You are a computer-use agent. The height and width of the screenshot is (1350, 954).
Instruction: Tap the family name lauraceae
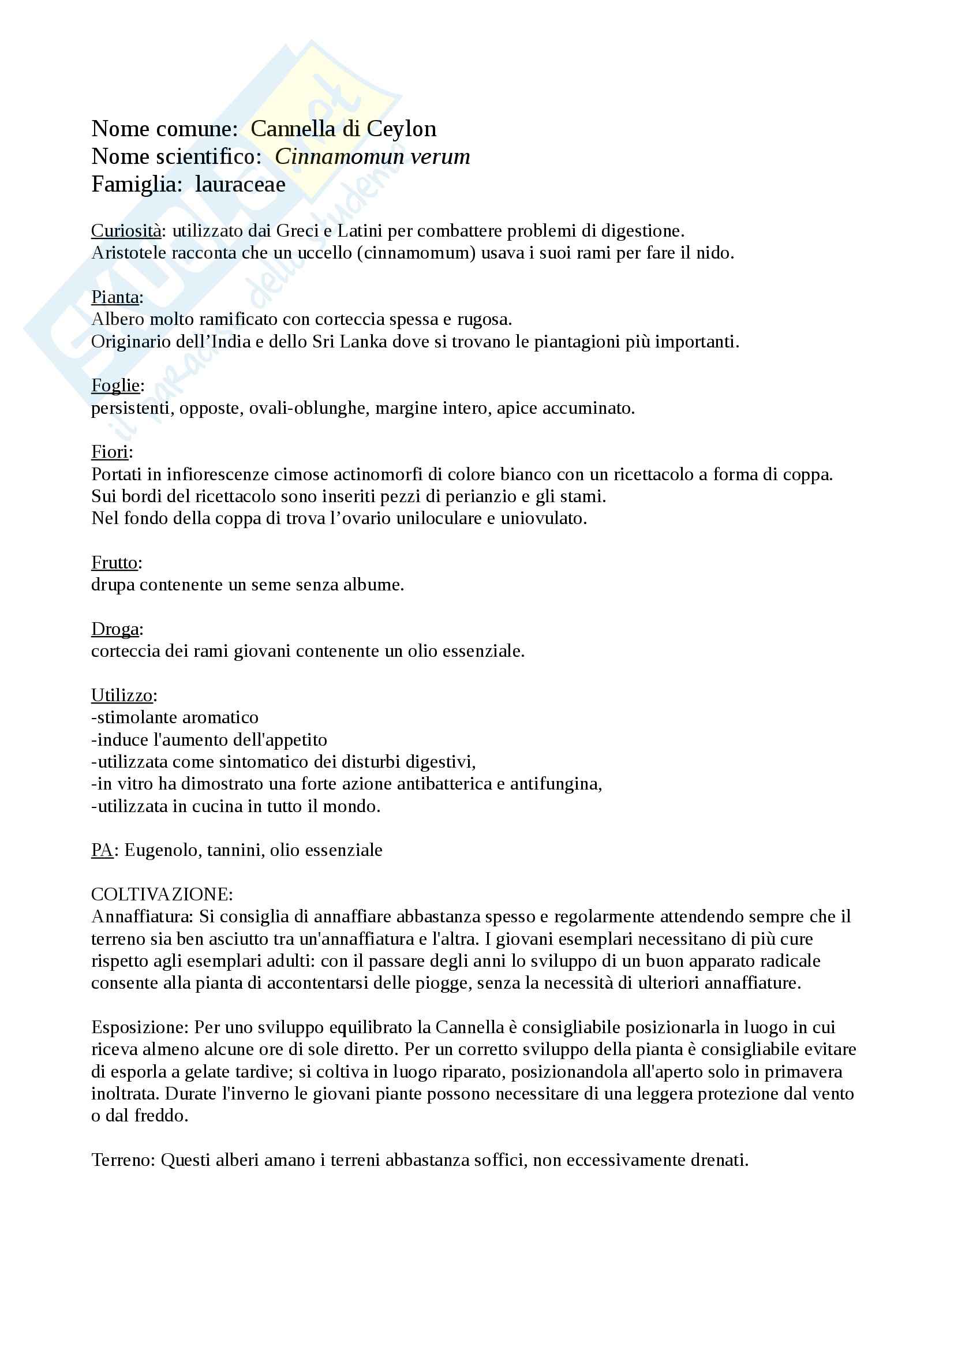click(241, 185)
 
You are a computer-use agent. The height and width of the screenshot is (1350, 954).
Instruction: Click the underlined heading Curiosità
click(126, 231)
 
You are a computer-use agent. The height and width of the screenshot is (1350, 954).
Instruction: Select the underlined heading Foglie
click(115, 386)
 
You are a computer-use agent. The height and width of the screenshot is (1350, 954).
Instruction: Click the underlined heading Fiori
click(109, 452)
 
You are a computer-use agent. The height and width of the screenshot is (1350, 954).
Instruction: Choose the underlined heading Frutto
click(114, 563)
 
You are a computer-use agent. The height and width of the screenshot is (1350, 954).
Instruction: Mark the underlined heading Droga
click(115, 629)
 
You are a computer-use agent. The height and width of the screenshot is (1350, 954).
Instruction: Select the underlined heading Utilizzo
click(122, 695)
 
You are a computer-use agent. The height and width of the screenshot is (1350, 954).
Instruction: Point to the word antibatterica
click(444, 784)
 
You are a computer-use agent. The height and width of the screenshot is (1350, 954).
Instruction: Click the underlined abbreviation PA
click(102, 850)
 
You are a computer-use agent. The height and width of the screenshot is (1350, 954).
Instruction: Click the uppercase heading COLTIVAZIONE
click(162, 894)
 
